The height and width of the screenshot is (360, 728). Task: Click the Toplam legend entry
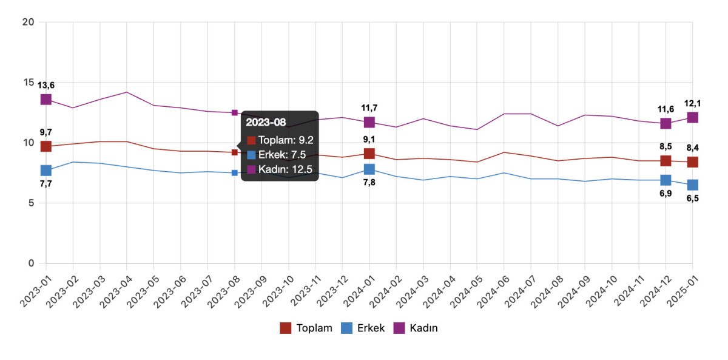(306, 328)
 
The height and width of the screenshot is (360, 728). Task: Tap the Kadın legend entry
(415, 328)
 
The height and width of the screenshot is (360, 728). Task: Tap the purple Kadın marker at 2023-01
(46, 99)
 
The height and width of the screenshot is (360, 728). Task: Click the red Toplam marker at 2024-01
(369, 154)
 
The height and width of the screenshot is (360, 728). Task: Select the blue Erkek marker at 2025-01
(693, 185)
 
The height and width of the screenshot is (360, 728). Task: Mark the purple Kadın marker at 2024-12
(666, 123)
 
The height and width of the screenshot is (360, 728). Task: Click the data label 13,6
(46, 85)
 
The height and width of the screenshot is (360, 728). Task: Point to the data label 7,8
(369, 183)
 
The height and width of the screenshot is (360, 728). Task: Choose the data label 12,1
(692, 103)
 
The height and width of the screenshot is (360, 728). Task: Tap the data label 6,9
(666, 194)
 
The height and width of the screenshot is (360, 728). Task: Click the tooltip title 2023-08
(266, 122)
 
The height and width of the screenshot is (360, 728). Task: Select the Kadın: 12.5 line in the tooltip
(280, 169)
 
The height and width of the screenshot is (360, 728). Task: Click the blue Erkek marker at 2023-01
(46, 171)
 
